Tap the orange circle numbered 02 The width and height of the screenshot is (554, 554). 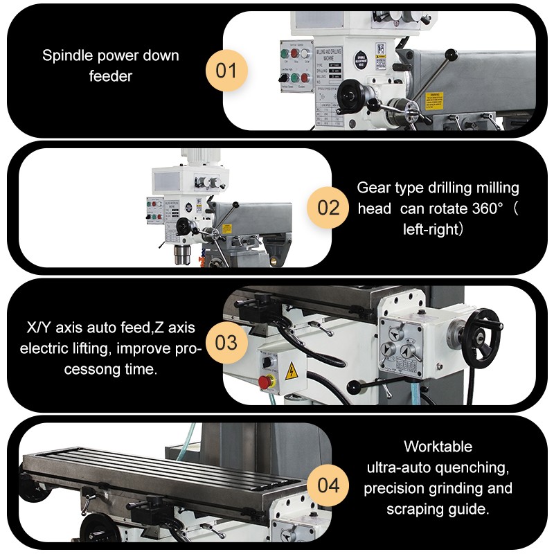click(328, 207)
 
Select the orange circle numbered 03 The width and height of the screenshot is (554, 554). click(226, 343)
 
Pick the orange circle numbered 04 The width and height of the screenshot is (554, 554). click(328, 484)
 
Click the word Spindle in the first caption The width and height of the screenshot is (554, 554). click(64, 55)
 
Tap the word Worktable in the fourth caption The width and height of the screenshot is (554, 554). click(438, 446)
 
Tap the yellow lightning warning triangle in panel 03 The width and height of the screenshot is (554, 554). click(292, 368)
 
